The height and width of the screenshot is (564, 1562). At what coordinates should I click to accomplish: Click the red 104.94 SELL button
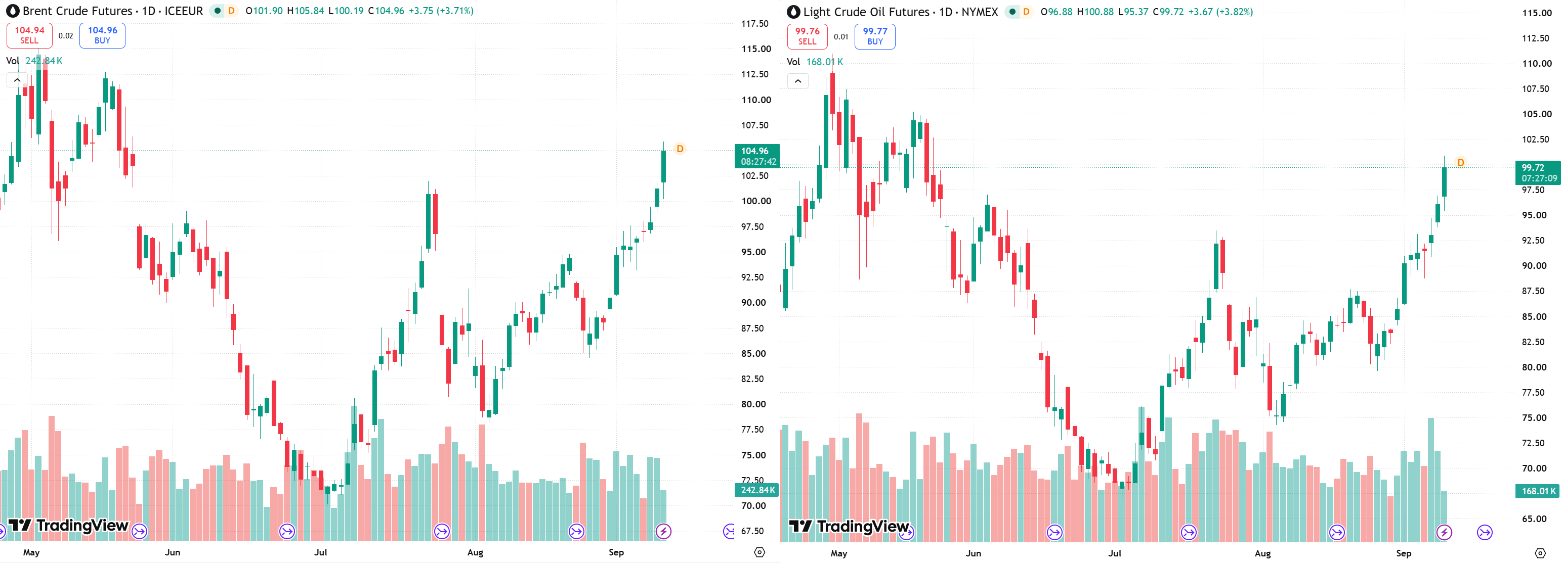pos(29,35)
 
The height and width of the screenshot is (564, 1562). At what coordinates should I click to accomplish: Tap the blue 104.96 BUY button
pos(103,35)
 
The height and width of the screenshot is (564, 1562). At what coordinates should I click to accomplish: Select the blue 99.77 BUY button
pos(875,36)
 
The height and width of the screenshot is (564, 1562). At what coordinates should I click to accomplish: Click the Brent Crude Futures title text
pos(77,11)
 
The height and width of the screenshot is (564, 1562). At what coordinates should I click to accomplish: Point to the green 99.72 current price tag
pos(1538,173)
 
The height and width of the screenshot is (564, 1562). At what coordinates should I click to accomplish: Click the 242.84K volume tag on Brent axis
pos(757,490)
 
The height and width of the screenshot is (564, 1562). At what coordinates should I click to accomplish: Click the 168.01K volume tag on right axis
pos(1538,491)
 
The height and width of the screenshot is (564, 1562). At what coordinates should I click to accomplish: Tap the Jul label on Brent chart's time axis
pos(320,552)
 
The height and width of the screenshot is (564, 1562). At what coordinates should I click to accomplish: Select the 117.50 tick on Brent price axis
pos(755,24)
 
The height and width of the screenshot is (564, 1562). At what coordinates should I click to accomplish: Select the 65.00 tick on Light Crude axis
pos(1534,519)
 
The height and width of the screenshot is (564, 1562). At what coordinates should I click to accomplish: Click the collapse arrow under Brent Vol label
pos(17,80)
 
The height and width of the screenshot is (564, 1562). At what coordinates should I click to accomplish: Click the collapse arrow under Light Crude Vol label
pos(798,81)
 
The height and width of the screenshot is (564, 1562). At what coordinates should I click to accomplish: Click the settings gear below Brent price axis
pos(759,552)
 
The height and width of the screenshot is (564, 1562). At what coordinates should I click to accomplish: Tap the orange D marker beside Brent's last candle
pos(680,149)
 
